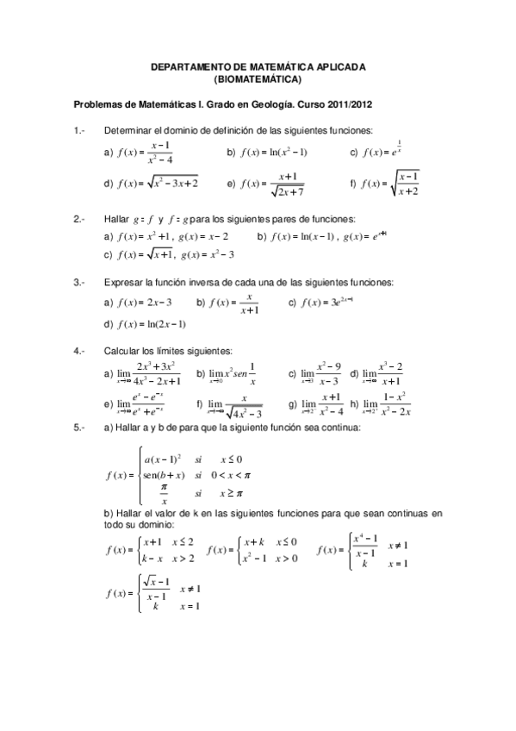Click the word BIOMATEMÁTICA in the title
[258, 79]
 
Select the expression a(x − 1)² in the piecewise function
[162, 459]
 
